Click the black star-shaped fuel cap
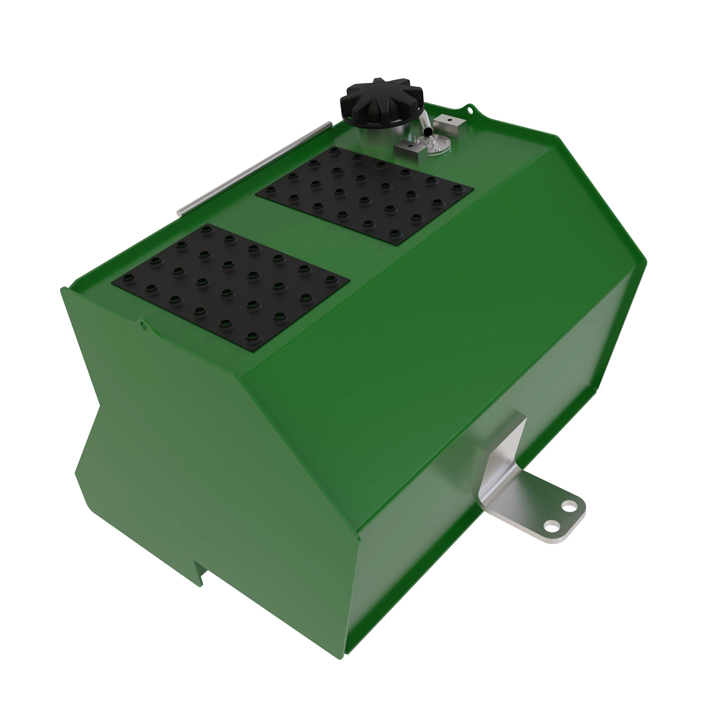tap(382, 100)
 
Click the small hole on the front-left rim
tap(143, 325)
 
